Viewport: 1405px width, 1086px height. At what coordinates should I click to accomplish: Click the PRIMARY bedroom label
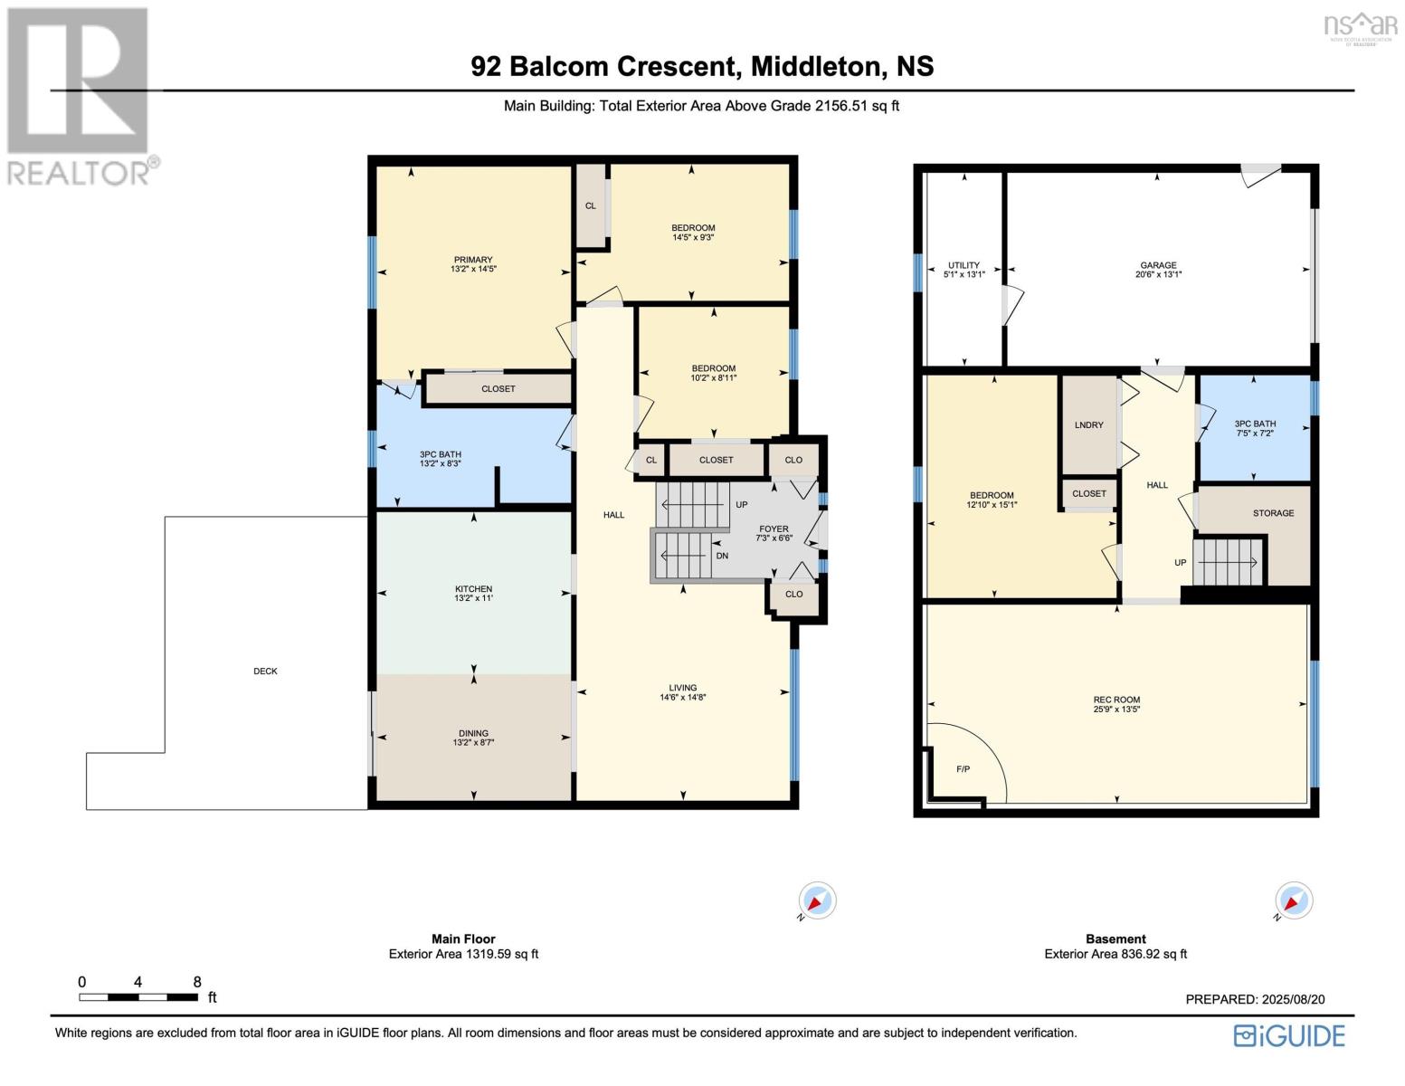473,260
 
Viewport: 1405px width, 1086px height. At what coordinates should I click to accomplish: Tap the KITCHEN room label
473,589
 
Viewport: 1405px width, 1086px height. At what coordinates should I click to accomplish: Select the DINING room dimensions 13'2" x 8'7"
473,743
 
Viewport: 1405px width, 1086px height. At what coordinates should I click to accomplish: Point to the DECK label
265,672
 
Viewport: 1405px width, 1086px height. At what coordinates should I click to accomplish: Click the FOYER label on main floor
774,529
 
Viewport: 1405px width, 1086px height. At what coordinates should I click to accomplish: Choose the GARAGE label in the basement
1158,265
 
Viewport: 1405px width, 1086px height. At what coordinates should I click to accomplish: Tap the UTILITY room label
964,265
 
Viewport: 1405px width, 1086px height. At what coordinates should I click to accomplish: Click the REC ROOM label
1115,700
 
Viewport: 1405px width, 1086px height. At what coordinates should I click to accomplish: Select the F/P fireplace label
963,769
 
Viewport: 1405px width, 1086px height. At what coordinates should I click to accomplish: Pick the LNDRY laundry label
1088,424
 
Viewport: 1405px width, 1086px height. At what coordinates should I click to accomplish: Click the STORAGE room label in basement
1273,513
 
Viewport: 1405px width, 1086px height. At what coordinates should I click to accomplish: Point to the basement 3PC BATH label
1254,424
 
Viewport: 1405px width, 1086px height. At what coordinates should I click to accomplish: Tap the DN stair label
722,556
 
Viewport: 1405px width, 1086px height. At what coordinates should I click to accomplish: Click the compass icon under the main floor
817,901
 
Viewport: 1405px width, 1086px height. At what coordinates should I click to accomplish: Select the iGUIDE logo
1290,1035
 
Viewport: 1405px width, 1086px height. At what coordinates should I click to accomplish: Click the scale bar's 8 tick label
197,982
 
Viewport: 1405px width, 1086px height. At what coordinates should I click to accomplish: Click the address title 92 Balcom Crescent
702,66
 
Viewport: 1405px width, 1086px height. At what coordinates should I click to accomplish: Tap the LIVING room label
682,688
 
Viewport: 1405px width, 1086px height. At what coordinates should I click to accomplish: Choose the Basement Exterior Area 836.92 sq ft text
1115,954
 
